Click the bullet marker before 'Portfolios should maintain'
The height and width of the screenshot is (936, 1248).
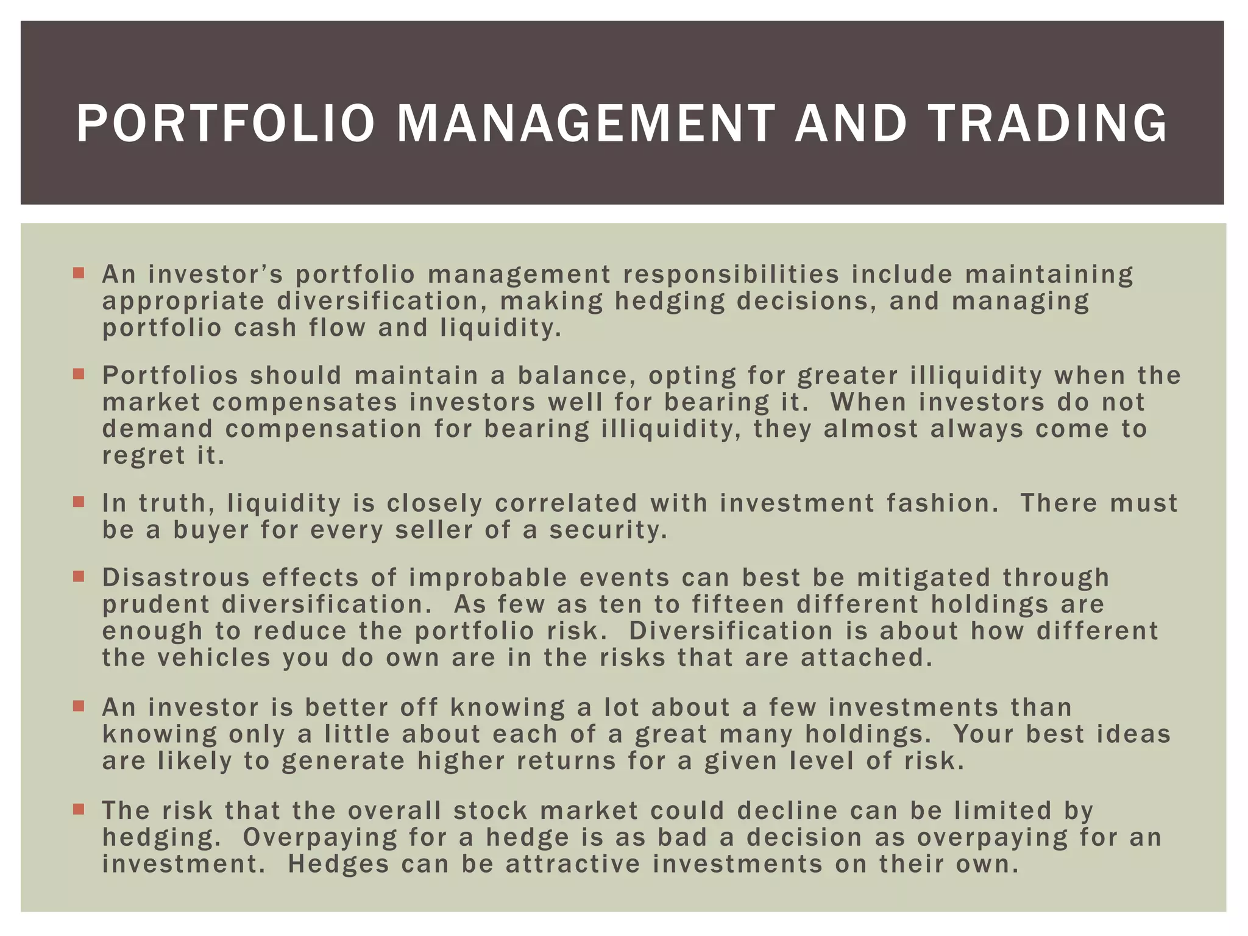[78, 374]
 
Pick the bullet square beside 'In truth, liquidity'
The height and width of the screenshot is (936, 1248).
[78, 502]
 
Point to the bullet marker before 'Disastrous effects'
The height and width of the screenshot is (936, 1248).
[78, 576]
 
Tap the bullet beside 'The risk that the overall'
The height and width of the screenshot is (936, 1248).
[78, 809]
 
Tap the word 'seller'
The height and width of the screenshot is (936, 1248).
[434, 530]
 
